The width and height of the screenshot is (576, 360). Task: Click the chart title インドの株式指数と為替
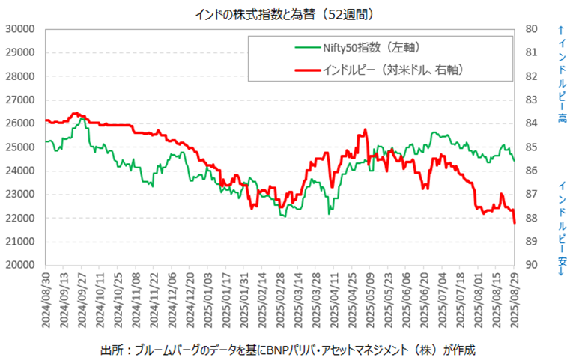pyautogui.click(x=288, y=13)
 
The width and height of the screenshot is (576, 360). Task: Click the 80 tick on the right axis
pyautogui.click(x=533, y=29)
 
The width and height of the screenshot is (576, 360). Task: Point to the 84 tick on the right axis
pyautogui.click(x=533, y=123)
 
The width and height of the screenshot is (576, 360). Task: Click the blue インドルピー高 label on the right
pyautogui.click(x=561, y=75)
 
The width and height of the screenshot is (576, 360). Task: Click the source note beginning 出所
pyautogui.click(x=288, y=350)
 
